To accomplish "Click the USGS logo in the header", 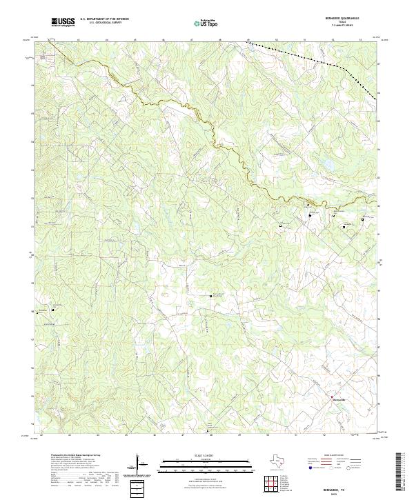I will click(64, 23).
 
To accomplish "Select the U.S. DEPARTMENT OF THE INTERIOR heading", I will click(104, 20).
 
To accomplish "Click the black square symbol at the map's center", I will click(210, 297).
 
